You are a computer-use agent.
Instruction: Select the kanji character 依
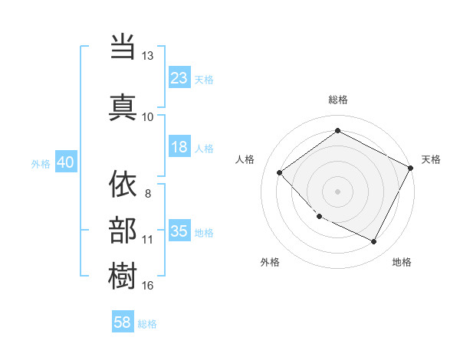coord(123,184)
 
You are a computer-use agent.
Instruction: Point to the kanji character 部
coord(123,229)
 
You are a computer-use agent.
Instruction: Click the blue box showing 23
coord(179,78)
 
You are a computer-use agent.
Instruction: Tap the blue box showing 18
coord(179,147)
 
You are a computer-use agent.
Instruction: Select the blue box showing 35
coord(179,231)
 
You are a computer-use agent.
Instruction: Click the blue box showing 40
coord(65,163)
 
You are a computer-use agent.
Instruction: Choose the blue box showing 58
coord(123,323)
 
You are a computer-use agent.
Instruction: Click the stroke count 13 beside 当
coord(148,56)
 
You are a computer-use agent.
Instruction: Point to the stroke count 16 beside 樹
coord(148,286)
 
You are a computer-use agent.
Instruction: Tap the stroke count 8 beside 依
coord(148,192)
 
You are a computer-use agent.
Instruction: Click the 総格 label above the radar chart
coord(338,100)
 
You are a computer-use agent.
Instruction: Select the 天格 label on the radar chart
coord(431,159)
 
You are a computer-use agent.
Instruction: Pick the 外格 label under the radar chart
coord(270,262)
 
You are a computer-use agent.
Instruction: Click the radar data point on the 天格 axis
coord(411,168)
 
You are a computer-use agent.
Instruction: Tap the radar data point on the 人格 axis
coord(280,172)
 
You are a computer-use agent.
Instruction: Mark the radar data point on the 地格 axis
coord(374,242)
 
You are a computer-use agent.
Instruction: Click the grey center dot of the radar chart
coord(337,191)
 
